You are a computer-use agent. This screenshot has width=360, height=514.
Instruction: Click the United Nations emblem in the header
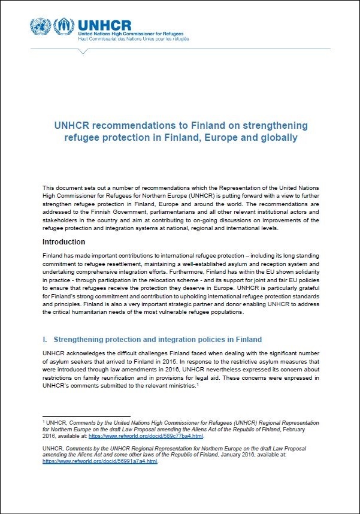click(x=41, y=26)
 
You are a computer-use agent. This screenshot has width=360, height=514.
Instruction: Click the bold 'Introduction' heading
click(x=63, y=242)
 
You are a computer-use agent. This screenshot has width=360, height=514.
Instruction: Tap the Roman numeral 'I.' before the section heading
click(x=46, y=340)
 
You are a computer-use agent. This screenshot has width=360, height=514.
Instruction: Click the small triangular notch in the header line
click(x=83, y=51)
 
